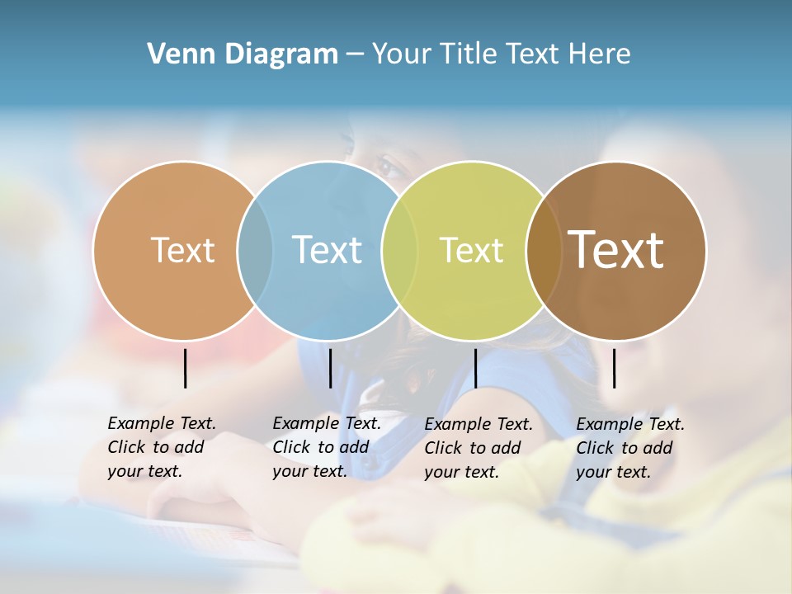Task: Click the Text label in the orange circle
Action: (x=183, y=250)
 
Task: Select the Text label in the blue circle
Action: (x=328, y=250)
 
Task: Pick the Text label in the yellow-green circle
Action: (x=472, y=250)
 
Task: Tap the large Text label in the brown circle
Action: (x=616, y=250)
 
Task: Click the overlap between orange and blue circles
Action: (x=255, y=250)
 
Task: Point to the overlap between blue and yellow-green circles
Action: (x=399, y=250)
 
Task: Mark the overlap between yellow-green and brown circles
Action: (x=543, y=250)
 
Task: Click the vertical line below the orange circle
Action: (x=185, y=368)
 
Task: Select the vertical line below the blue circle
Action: (x=330, y=368)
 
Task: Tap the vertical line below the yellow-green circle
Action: (x=475, y=368)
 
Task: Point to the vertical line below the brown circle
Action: (x=614, y=368)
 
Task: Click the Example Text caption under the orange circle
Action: (x=161, y=447)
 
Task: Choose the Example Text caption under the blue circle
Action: (x=326, y=447)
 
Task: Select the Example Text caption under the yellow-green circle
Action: (x=478, y=448)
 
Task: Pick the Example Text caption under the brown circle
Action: (x=629, y=448)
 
